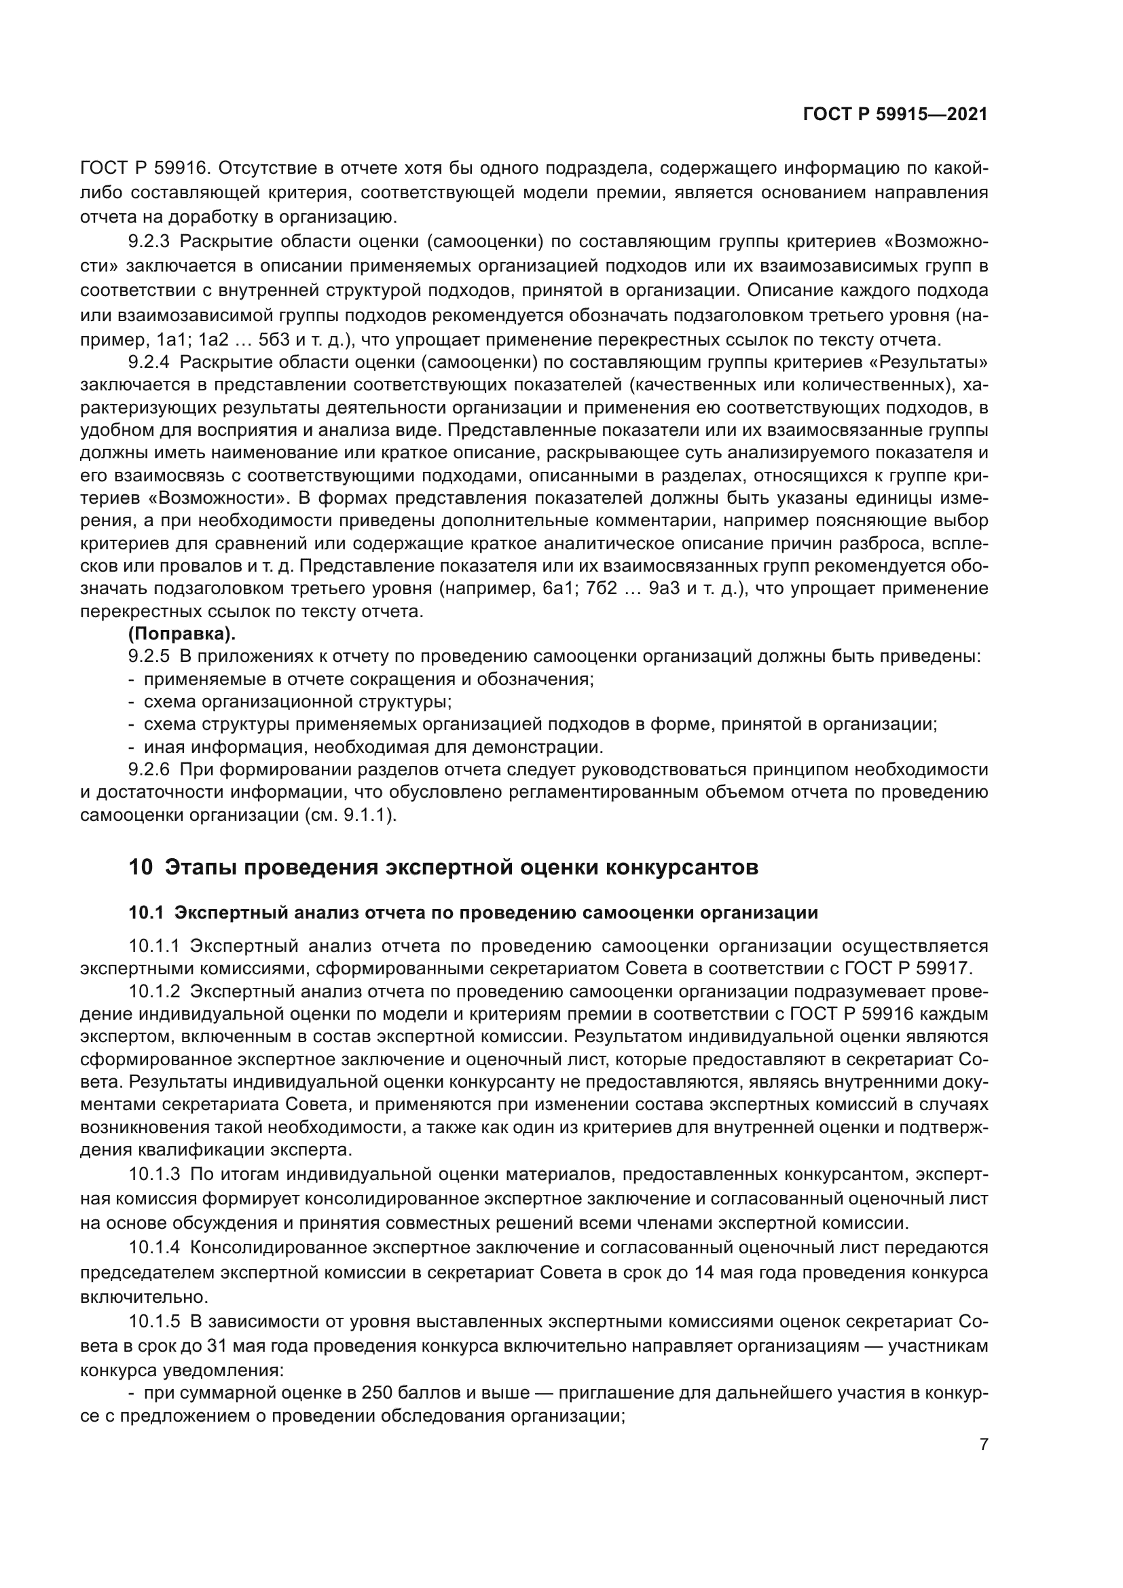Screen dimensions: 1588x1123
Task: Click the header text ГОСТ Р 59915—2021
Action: (x=895, y=115)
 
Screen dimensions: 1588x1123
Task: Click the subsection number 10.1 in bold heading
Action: (x=146, y=913)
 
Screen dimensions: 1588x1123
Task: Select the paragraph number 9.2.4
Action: (x=149, y=363)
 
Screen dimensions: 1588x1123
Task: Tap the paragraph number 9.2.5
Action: (x=149, y=657)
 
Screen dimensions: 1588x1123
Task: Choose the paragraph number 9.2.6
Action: (x=149, y=769)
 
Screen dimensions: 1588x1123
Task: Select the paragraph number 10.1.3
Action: (x=153, y=1175)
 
